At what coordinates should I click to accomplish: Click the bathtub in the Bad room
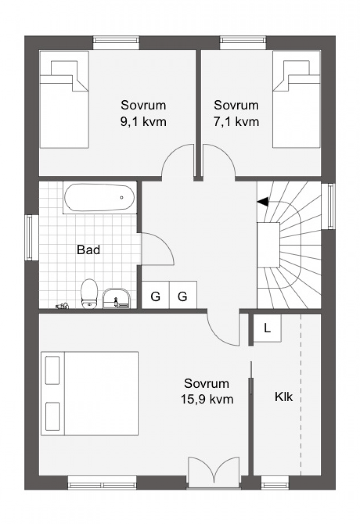[x=99, y=197]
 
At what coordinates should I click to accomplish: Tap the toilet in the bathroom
[x=89, y=294]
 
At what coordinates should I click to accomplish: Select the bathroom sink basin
[x=116, y=298]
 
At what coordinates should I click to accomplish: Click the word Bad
[x=88, y=250]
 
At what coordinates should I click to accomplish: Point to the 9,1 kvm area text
[x=144, y=121]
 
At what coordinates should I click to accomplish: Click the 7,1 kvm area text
[x=236, y=121]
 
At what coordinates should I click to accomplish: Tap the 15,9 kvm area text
[x=207, y=399]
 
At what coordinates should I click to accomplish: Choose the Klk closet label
[x=284, y=397]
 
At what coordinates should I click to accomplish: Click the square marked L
[x=267, y=328]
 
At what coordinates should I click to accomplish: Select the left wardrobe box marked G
[x=155, y=295]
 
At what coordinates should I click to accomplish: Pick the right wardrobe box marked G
[x=183, y=295]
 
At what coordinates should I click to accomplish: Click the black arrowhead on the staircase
[x=263, y=202]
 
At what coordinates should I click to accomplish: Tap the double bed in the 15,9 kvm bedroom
[x=90, y=393]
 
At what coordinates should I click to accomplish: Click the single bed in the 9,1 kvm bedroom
[x=64, y=99]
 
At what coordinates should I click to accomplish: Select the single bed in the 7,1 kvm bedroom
[x=297, y=99]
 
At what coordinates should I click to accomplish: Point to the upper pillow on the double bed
[x=53, y=370]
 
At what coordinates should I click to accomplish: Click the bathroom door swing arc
[x=165, y=243]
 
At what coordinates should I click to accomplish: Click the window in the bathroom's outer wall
[x=29, y=237]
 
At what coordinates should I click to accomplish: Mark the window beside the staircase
[x=331, y=206]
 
